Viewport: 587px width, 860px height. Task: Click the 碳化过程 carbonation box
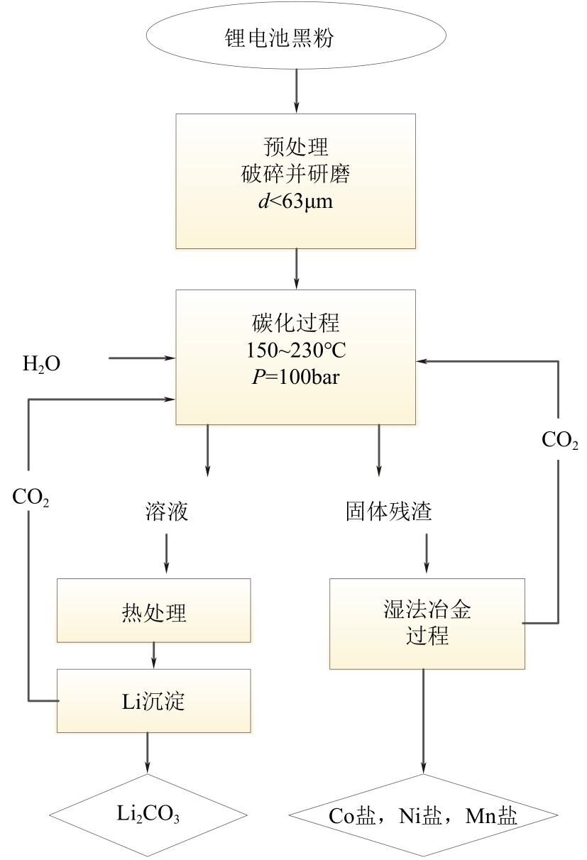pyautogui.click(x=295, y=356)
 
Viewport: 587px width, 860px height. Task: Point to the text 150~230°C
pyautogui.click(x=295, y=351)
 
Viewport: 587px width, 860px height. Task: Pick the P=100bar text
pyautogui.click(x=295, y=377)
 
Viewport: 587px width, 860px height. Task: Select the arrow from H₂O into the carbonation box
pyautogui.click(x=142, y=359)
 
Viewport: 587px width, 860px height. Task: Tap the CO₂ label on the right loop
pyautogui.click(x=560, y=441)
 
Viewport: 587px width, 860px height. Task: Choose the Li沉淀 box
pyautogui.click(x=153, y=701)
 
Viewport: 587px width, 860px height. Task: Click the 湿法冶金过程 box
pyautogui.click(x=427, y=623)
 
